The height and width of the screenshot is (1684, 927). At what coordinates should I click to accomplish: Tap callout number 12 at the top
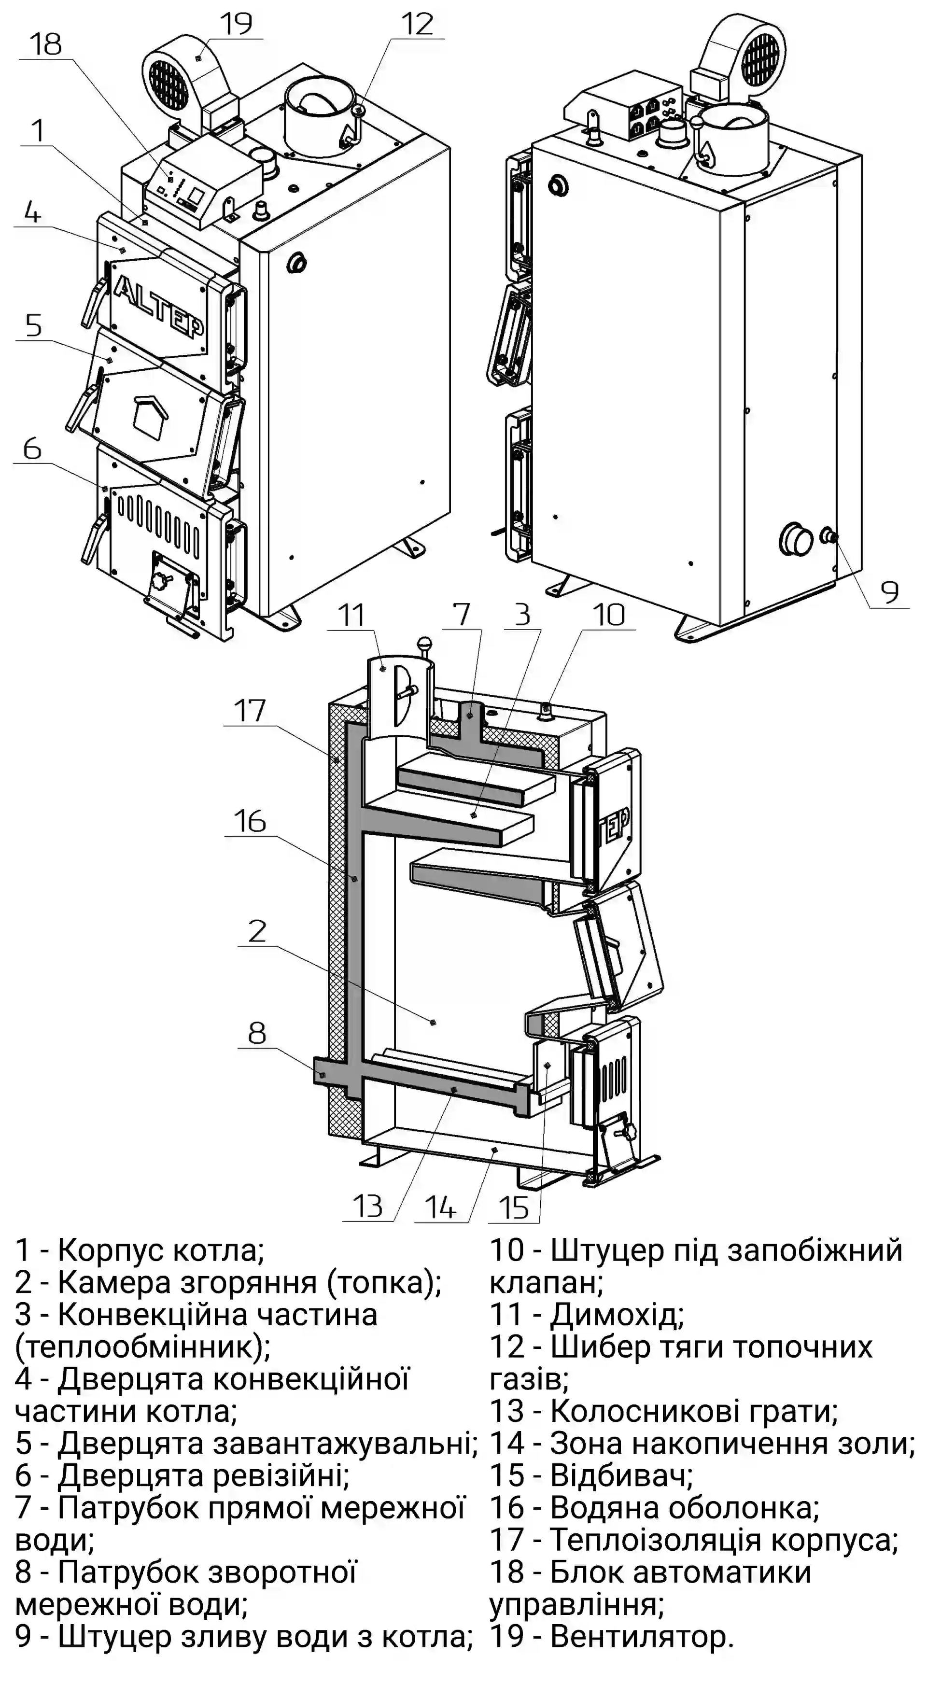click(x=417, y=24)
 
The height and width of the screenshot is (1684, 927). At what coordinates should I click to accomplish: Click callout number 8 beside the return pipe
click(x=257, y=1033)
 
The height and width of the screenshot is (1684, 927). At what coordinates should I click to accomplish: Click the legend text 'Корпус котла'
click(x=161, y=1250)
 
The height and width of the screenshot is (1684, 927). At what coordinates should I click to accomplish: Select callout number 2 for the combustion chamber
click(x=257, y=931)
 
